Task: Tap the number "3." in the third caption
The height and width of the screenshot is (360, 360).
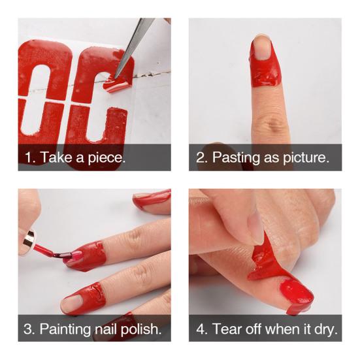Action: pos(30,329)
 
